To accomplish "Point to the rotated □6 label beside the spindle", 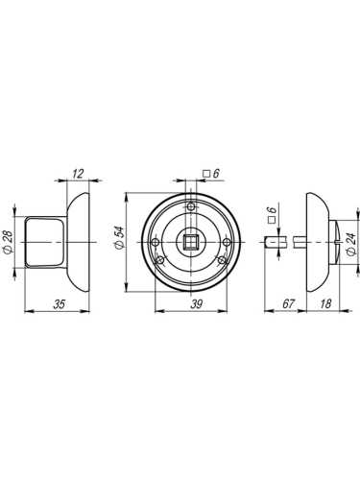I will [x=272, y=216].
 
